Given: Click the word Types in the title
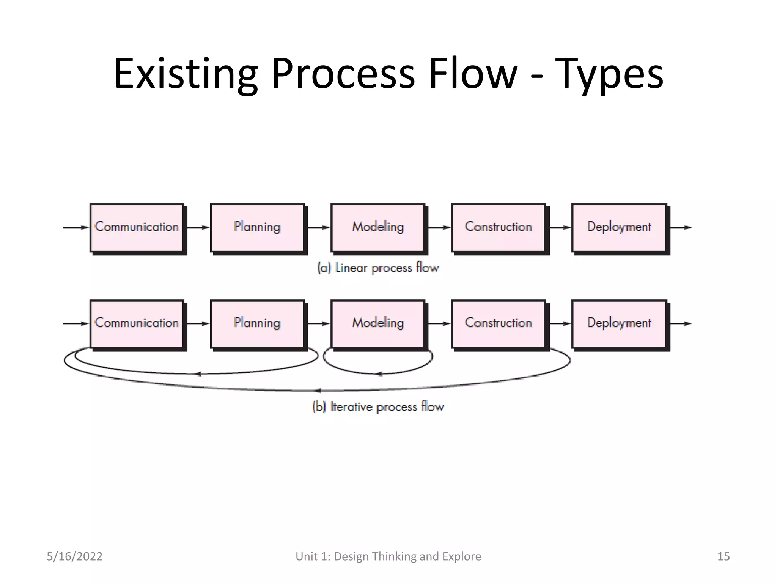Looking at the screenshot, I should [x=609, y=74].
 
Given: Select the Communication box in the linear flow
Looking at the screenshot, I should [x=137, y=227].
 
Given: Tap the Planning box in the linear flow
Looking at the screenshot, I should [x=258, y=227].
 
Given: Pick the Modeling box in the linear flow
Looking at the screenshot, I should [x=378, y=227].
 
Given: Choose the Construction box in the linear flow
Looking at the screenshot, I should [x=499, y=227].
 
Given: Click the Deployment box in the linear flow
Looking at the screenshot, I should [x=619, y=227].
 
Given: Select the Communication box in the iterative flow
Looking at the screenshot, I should [x=137, y=323].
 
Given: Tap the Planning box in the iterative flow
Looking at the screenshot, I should [x=258, y=323].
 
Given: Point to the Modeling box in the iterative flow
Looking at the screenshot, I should [x=378, y=323].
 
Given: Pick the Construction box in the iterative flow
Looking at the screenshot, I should [x=499, y=323].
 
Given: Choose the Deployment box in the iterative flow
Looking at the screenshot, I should [x=619, y=323].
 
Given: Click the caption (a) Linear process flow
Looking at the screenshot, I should [x=378, y=268].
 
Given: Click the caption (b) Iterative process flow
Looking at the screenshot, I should [x=378, y=407].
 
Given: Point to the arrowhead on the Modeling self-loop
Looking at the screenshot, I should [x=378, y=374].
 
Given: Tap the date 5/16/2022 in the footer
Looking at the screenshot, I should [x=74, y=556].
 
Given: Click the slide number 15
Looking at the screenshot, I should [x=723, y=556].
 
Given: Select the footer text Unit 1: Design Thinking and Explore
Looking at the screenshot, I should [x=388, y=556].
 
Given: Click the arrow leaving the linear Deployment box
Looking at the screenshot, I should [x=681, y=227].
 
